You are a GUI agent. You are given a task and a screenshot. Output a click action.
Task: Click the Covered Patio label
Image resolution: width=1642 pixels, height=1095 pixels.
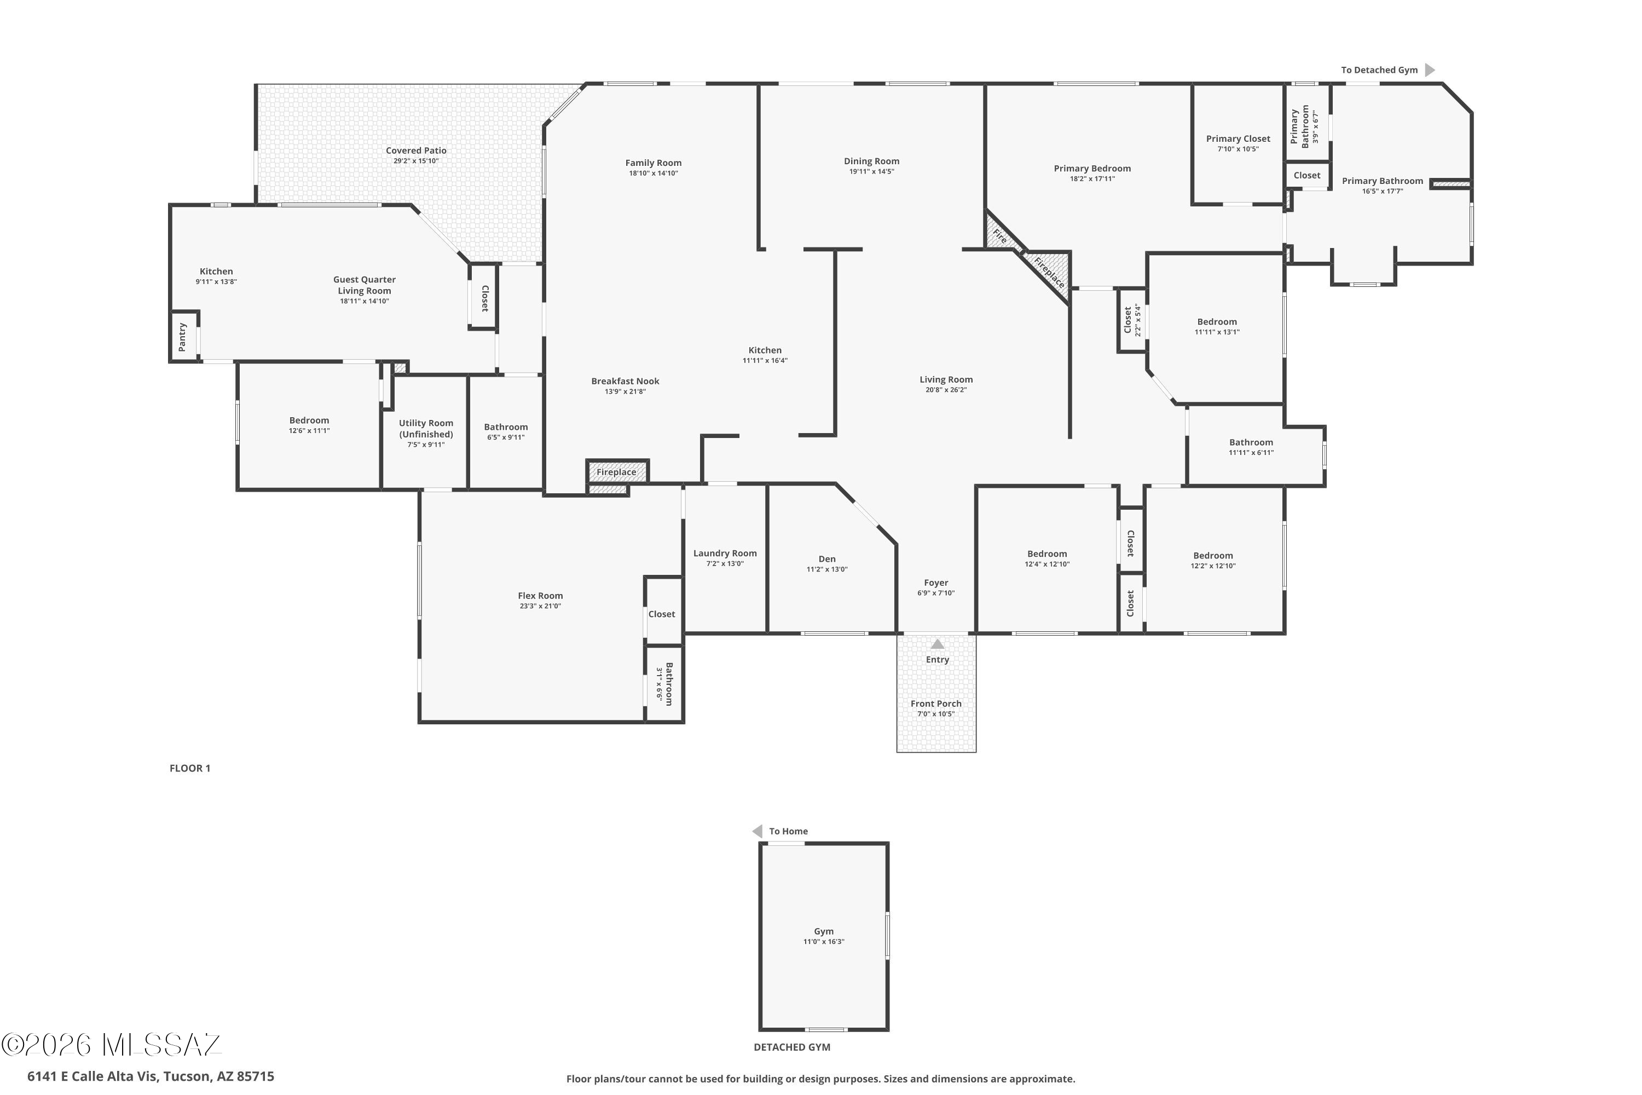click(x=416, y=150)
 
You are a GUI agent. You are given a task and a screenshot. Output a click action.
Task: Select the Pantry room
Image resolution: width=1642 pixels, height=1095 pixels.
click(x=183, y=337)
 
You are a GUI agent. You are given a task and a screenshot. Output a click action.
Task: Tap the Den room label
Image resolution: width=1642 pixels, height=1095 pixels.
click(x=826, y=558)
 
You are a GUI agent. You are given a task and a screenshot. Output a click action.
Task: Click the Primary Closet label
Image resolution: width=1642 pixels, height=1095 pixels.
click(x=1238, y=139)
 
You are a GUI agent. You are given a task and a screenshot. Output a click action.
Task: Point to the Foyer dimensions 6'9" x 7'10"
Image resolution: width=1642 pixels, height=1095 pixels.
click(x=935, y=593)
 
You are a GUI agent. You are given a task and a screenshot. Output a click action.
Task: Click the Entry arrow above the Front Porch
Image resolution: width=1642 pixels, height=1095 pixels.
click(x=937, y=644)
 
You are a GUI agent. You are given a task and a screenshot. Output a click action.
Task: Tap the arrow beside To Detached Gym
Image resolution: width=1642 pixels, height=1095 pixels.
click(x=1430, y=70)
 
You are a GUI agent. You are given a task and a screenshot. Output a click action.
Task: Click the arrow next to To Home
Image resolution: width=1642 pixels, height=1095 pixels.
click(x=757, y=831)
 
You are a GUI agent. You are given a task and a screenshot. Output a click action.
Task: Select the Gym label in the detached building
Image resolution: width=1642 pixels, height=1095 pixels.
click(x=823, y=931)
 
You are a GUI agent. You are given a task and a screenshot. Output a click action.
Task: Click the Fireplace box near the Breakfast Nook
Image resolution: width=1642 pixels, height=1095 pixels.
click(x=616, y=472)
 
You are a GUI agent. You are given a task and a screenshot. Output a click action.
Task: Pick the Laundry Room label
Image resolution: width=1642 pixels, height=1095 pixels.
click(x=725, y=553)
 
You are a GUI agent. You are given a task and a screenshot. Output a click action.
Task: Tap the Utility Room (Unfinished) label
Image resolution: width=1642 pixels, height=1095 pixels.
click(x=426, y=428)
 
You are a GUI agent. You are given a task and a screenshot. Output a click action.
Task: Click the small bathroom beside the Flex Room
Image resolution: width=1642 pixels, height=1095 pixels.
click(x=664, y=684)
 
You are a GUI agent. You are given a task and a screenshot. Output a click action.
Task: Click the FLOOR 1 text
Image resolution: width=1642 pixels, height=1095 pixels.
click(x=190, y=768)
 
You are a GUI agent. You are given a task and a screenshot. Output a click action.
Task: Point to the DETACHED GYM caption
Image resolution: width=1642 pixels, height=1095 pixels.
click(x=791, y=1047)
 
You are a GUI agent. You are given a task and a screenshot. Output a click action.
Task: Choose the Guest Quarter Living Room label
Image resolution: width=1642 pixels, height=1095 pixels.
click(x=364, y=285)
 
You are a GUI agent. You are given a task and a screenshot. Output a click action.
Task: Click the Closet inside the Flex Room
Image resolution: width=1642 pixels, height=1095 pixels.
click(x=661, y=614)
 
